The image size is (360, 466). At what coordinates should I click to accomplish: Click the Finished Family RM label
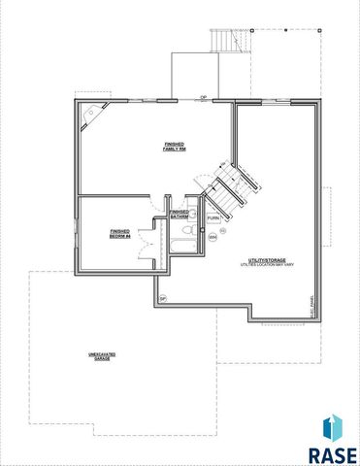click(175, 147)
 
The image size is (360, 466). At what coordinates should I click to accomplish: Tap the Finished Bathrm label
click(180, 214)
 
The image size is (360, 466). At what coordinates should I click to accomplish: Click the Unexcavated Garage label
click(95, 358)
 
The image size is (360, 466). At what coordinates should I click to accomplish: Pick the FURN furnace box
click(213, 217)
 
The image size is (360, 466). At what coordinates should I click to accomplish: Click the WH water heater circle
click(213, 236)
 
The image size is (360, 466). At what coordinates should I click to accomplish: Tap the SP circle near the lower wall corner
click(162, 298)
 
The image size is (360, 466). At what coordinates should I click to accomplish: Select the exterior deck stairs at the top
click(224, 40)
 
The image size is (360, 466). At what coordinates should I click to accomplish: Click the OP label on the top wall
click(203, 98)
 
